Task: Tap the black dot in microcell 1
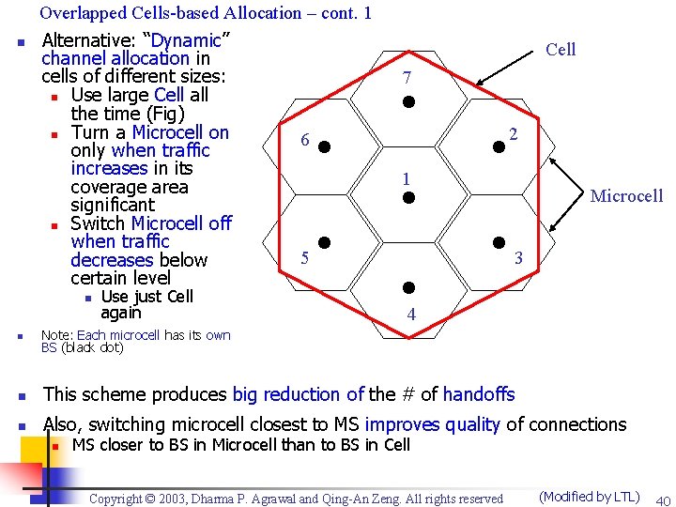click(408, 198)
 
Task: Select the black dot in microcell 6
click(322, 146)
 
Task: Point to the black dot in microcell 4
click(408, 288)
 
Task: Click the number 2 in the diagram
click(514, 134)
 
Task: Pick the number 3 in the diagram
click(518, 256)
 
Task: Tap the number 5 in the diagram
click(304, 258)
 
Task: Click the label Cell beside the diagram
click(561, 50)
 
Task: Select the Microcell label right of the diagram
click(626, 196)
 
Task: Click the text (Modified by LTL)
click(589, 497)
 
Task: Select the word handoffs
click(479, 395)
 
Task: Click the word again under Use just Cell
click(120, 313)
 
